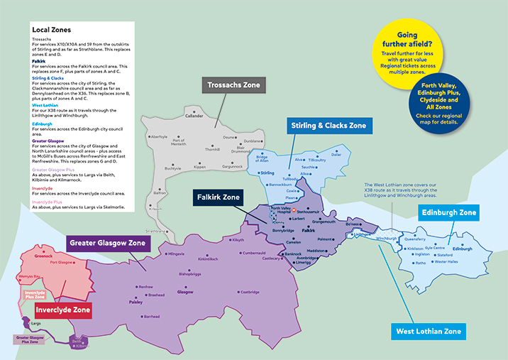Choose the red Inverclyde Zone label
pos(62,310)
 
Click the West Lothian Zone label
pos(429,331)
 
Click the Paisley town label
pos(136,301)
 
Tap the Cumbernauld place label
pos(253,253)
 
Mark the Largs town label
pos(36,322)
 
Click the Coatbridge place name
pos(249,292)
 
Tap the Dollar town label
pos(336,154)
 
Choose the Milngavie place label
pos(175,253)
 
